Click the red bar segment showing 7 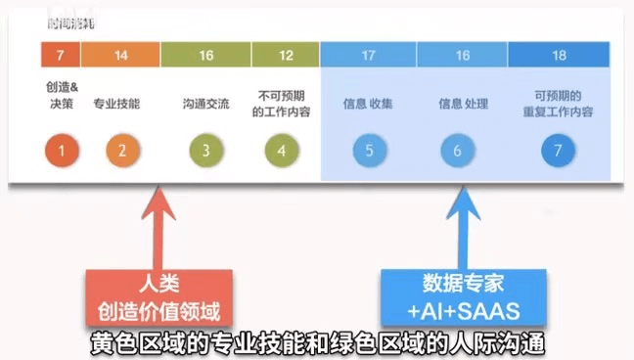(61, 55)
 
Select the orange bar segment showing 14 (121, 55)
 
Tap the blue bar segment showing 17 (369, 55)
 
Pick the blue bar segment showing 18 (559, 55)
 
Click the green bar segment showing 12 (286, 55)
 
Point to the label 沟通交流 (205, 103)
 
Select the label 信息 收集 (368, 103)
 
